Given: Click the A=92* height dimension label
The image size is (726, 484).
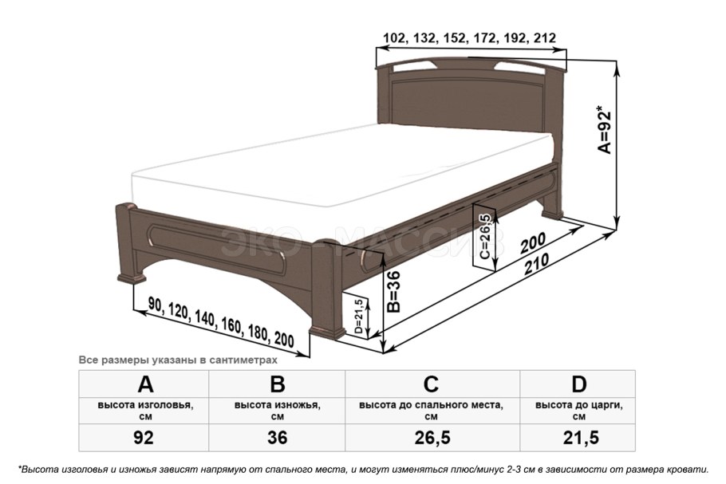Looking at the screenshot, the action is (x=605, y=132).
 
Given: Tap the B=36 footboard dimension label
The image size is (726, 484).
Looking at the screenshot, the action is (x=393, y=292).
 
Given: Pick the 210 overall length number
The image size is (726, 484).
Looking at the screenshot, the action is (x=537, y=264).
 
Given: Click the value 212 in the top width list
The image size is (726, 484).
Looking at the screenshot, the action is (x=544, y=38).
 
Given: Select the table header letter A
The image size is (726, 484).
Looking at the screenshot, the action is (x=145, y=384).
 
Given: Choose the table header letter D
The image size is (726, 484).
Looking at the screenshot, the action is (x=578, y=384).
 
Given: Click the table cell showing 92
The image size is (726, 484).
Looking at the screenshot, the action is (x=144, y=437).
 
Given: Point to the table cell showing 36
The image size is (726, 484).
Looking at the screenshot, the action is (x=277, y=437).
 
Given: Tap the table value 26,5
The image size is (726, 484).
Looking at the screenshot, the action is (x=432, y=437).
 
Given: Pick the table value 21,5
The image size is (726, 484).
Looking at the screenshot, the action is (x=581, y=437).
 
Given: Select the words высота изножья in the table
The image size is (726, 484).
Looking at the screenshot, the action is (x=276, y=405).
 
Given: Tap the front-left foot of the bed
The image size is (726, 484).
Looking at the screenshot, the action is (x=132, y=278).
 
